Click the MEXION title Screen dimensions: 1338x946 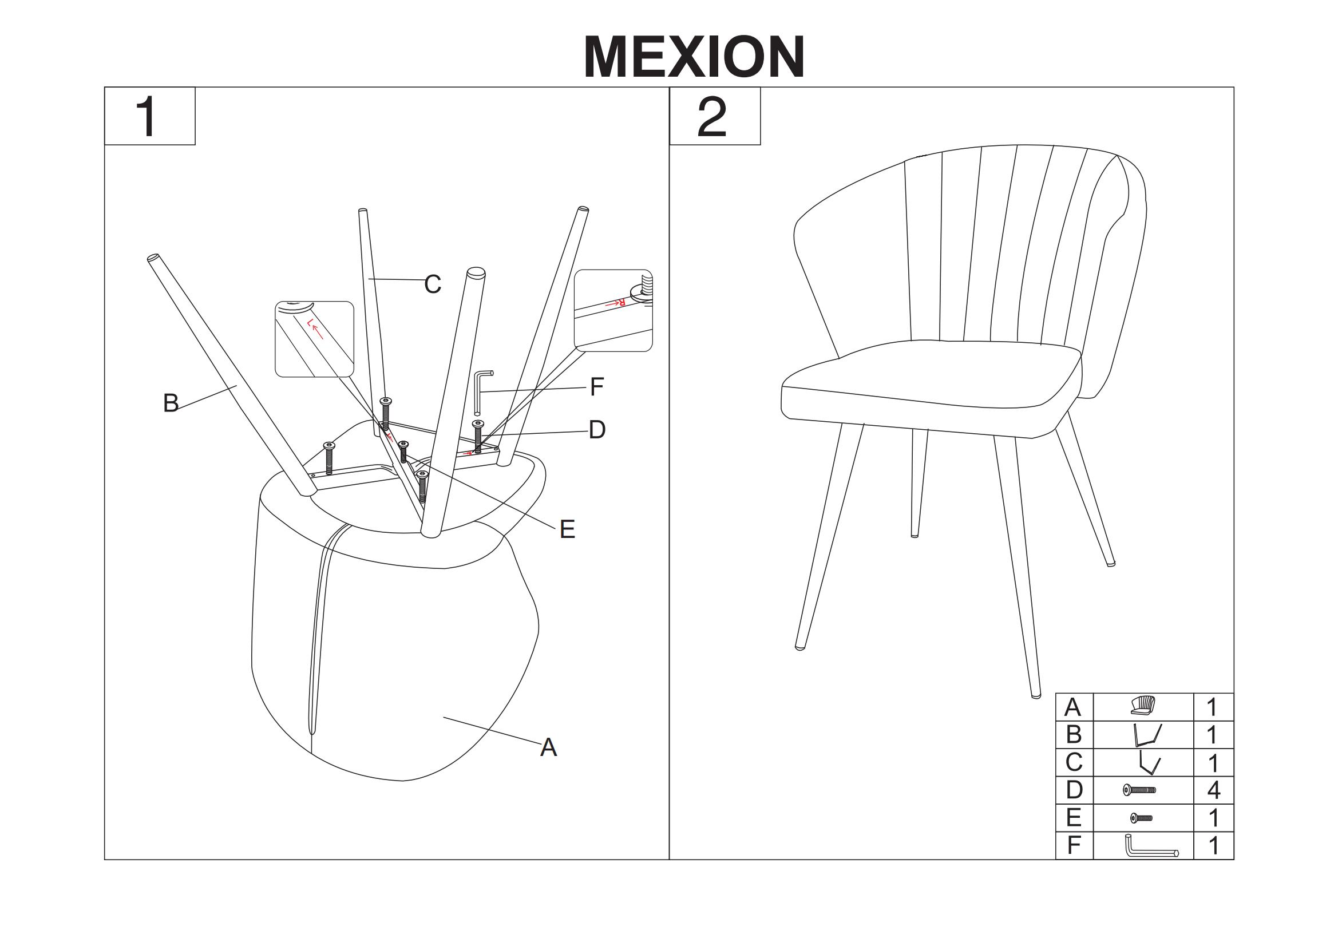point(694,57)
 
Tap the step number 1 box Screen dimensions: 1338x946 point(150,116)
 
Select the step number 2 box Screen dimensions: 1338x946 point(715,116)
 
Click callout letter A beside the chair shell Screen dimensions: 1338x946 point(548,747)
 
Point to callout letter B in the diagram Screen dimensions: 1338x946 point(171,403)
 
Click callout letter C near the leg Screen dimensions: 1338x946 point(433,284)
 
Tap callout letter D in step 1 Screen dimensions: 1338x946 point(597,430)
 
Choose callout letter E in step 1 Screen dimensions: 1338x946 point(567,529)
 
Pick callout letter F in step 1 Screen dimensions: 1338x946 point(597,387)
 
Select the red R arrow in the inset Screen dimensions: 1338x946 point(615,303)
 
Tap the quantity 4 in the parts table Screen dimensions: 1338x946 point(1214,790)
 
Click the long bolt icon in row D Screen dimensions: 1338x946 point(1139,790)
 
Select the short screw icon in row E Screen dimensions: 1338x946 point(1142,818)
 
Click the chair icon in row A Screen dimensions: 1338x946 point(1142,705)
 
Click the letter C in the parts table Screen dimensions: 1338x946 point(1074,762)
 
